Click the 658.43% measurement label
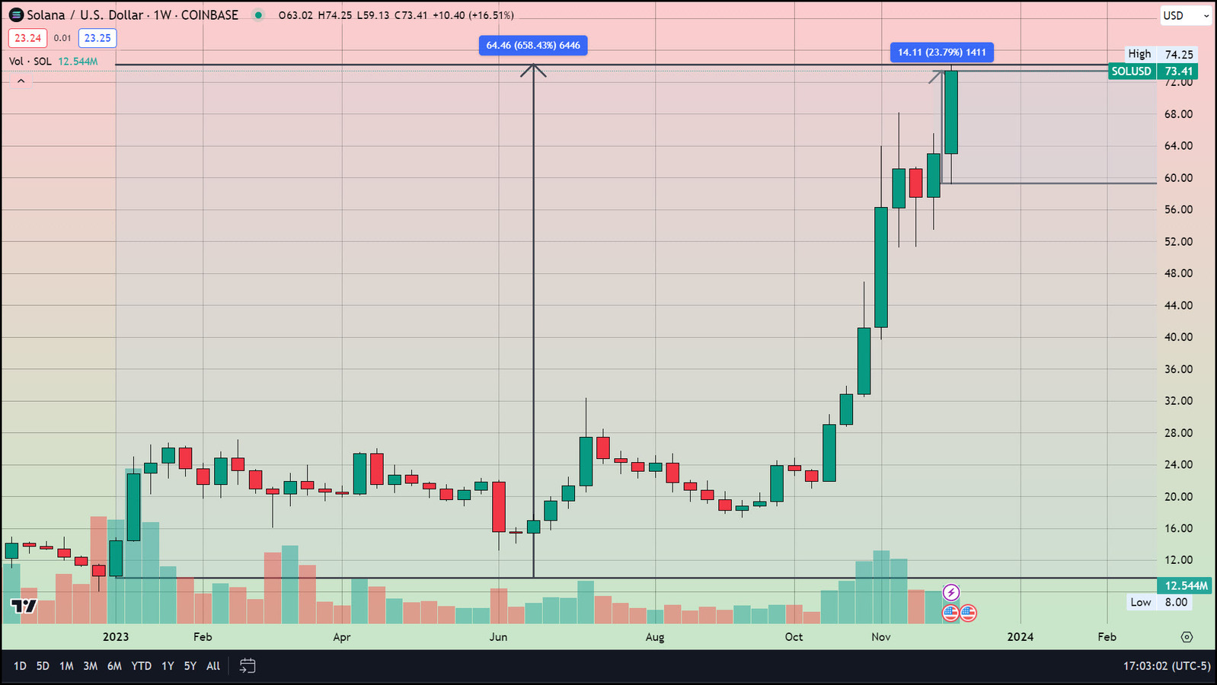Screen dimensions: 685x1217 pos(533,46)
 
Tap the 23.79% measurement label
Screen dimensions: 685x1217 pos(941,53)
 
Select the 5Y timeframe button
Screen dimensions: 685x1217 pos(190,666)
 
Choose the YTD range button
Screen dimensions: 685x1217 pos(141,666)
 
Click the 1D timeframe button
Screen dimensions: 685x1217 pos(20,666)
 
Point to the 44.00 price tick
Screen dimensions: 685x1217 pos(1178,305)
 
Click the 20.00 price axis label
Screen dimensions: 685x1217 pos(1178,496)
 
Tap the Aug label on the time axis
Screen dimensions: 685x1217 pos(654,637)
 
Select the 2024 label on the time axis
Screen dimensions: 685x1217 pos(1020,637)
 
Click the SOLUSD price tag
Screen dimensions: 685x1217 pos(1131,72)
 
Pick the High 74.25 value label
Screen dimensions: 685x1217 pos(1178,54)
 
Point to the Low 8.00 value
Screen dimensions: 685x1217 pos(1175,602)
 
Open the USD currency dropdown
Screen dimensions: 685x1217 pos(1185,15)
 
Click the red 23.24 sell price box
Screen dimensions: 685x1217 pos(27,38)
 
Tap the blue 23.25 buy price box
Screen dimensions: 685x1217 pos(97,38)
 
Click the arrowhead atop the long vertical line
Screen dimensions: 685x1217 pos(533,69)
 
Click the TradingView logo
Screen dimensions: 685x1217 pos(24,606)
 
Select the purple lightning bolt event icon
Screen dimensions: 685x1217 pos(950,592)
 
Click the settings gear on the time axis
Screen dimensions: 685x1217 pos(1187,637)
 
